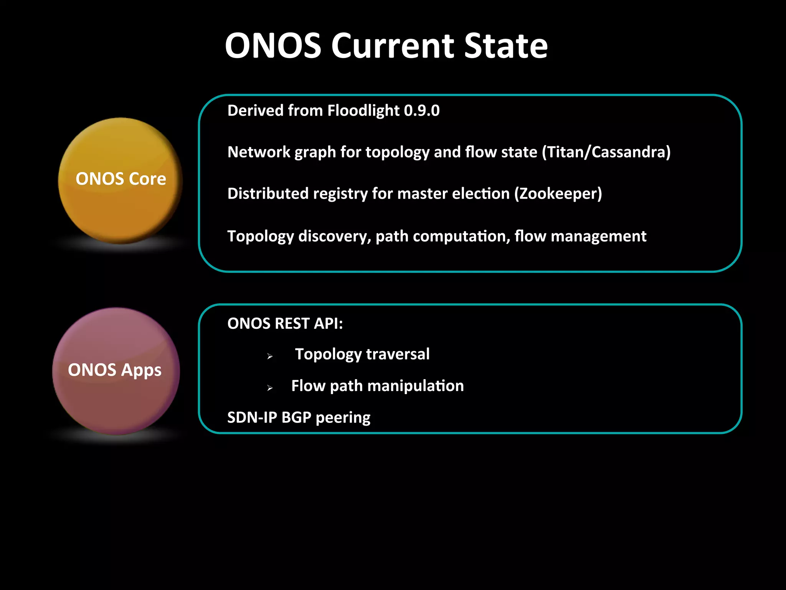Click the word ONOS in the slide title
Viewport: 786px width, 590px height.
tap(273, 46)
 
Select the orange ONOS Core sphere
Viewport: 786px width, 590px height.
tap(120, 180)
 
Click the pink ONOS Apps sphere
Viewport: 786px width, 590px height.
tap(116, 371)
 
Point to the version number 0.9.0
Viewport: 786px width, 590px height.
tap(422, 111)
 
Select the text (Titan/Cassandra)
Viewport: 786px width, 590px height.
tap(606, 152)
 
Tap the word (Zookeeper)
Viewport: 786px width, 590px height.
tap(558, 194)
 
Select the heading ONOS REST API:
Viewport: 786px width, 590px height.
tap(285, 323)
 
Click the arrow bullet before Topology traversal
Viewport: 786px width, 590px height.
tap(270, 356)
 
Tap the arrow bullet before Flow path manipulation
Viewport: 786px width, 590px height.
tap(270, 388)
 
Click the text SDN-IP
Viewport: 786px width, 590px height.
tap(252, 418)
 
